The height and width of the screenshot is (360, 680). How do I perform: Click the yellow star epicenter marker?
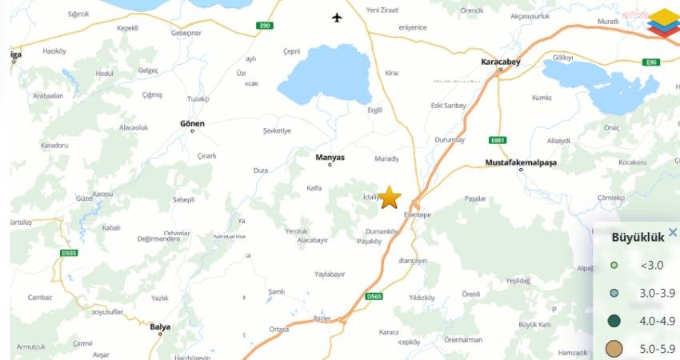tap(390, 197)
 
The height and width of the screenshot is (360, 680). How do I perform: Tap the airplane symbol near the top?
tap(337, 18)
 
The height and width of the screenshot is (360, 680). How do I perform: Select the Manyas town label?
tap(330, 157)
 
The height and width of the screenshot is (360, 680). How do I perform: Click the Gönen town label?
tap(192, 123)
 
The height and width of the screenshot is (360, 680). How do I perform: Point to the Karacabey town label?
tap(501, 61)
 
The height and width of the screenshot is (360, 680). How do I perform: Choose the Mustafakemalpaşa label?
tap(521, 162)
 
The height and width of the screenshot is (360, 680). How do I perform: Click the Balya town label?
tap(160, 326)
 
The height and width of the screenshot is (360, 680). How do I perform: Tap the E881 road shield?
tap(498, 140)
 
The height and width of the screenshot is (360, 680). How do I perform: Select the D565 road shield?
tap(374, 297)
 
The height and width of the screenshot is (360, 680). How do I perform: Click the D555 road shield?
tap(69, 253)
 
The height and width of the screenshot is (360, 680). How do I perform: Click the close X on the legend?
tap(673, 233)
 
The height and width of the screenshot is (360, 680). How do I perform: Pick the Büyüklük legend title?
tap(638, 238)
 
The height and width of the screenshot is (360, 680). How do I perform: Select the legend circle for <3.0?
tap(614, 265)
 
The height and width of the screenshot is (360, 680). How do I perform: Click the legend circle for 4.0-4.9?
tap(614, 321)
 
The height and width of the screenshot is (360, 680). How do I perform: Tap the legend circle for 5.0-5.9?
tap(614, 349)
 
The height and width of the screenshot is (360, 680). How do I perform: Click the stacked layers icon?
tap(663, 22)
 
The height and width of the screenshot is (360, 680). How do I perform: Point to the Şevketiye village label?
tap(277, 130)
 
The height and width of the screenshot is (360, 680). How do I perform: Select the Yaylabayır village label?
tap(330, 274)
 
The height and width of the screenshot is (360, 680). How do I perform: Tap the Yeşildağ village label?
tap(518, 280)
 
